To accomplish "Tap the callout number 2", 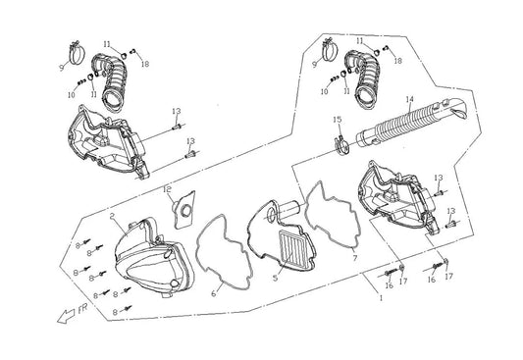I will tap(113, 215).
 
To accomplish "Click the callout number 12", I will tap(168, 188).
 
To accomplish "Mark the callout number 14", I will tap(409, 99).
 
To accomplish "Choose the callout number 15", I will tap(337, 120).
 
